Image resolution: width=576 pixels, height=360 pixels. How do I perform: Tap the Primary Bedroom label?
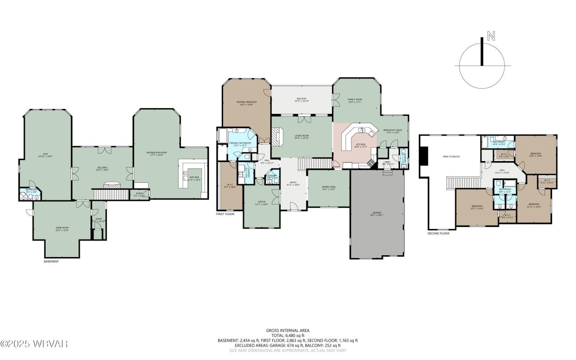246,102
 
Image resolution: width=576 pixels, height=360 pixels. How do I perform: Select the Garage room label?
377,213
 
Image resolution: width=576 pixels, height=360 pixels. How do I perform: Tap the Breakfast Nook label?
392,131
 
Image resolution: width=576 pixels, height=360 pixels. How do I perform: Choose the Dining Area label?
328,187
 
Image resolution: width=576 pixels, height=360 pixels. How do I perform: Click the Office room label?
261,202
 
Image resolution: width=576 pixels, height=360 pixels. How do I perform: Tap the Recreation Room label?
156,153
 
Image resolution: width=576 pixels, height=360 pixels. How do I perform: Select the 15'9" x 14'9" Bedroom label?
535,154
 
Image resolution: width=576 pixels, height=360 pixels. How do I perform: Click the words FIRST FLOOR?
225,214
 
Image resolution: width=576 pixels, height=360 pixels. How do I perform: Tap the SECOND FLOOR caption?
438,233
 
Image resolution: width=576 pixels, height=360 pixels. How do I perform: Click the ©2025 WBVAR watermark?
34,344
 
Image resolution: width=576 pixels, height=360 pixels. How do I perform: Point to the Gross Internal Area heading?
287,330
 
